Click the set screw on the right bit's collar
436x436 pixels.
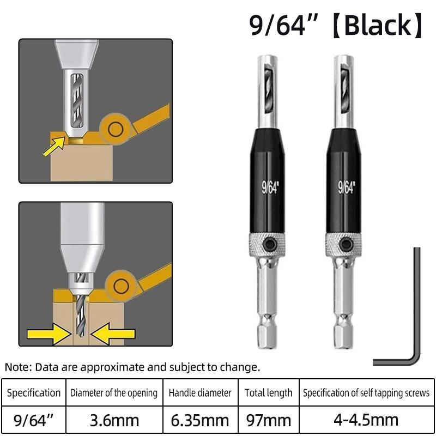coord(346,243)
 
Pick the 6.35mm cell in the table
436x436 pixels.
coord(200,420)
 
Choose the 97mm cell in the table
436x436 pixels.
coord(268,420)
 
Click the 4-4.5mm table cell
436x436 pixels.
coord(366,420)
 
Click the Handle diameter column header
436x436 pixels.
coord(200,392)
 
